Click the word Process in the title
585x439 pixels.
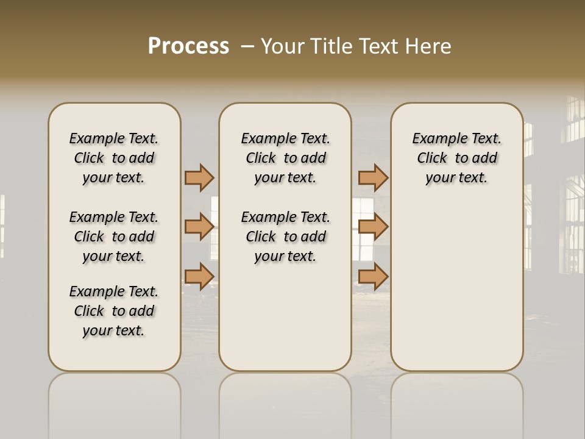(188, 46)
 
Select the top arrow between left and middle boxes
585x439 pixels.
(199, 177)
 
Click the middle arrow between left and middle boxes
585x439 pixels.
(199, 226)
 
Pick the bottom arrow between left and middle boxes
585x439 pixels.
(199, 276)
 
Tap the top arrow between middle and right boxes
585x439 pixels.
(373, 177)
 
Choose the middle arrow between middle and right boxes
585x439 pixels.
(373, 226)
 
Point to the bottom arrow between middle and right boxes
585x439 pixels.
(373, 276)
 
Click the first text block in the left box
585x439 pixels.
(114, 158)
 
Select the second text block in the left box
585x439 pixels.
(114, 237)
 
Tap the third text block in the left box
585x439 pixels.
(114, 311)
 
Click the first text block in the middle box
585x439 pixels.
(285, 158)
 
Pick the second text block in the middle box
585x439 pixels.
(285, 237)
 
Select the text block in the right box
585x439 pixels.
(456, 158)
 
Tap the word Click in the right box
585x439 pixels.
(432, 159)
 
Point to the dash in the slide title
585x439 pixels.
(247, 46)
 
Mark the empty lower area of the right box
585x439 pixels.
(456, 287)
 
